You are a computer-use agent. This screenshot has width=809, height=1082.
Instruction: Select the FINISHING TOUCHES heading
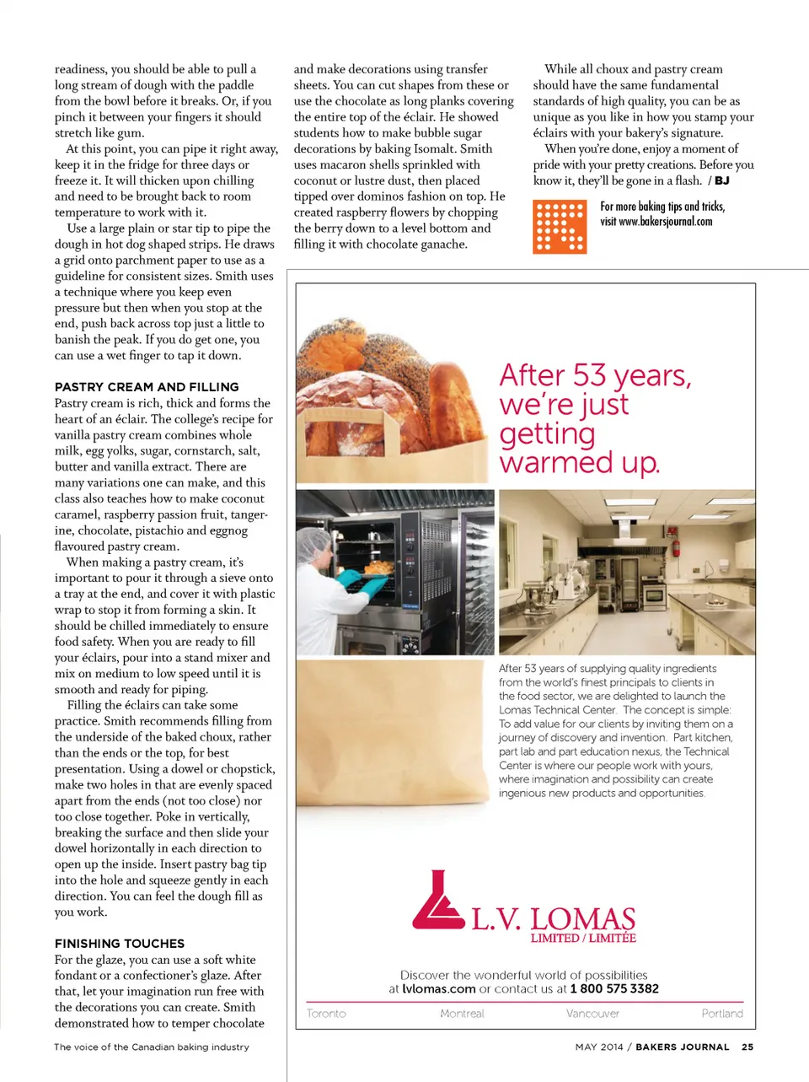120,944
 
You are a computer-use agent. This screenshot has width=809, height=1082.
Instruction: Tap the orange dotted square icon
560,228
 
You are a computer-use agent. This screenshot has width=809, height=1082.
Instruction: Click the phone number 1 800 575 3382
614,988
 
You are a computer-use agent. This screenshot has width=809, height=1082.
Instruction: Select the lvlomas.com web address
439,988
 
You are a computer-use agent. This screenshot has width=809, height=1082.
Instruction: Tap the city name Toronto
326,1014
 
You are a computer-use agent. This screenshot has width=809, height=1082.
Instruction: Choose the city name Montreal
462,1014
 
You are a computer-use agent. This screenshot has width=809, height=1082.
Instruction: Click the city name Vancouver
592,1014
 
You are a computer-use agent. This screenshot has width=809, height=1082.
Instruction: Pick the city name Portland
722,1014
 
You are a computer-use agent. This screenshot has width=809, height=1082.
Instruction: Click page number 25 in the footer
747,1047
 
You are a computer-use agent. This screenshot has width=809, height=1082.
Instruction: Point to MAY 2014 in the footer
599,1047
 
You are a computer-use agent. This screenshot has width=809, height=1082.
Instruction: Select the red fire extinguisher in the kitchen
675,548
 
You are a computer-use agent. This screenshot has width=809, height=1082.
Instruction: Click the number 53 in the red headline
589,375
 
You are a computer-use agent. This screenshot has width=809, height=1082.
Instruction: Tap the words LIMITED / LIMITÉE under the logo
583,938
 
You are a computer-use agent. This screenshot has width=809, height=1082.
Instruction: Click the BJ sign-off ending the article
722,180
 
